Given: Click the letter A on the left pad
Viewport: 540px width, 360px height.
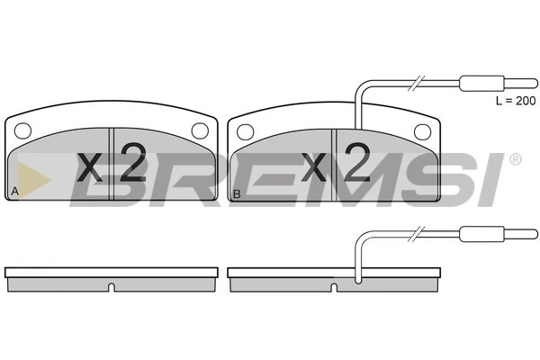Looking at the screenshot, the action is (x=14, y=191).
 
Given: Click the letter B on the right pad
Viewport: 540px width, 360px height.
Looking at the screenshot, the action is (x=237, y=194).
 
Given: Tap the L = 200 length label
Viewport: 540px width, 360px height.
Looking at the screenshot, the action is (x=516, y=101).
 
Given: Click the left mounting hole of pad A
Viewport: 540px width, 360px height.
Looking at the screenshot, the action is (x=23, y=130).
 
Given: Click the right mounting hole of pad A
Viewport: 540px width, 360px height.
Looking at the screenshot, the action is (x=200, y=130).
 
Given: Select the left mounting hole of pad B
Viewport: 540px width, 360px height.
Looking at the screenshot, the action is (x=246, y=132).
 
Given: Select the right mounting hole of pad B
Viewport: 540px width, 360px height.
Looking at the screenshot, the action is (x=423, y=132).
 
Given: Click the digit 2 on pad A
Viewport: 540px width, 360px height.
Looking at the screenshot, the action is (x=133, y=162).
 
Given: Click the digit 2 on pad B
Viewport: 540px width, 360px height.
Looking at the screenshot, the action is (x=357, y=162).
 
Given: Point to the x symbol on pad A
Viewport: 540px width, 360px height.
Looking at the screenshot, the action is (x=89, y=167).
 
